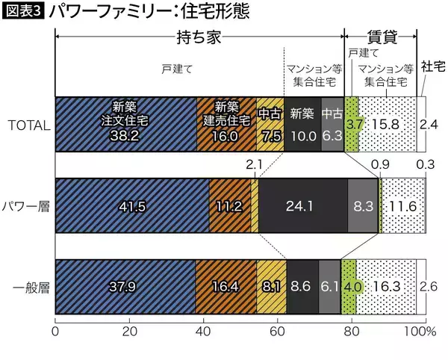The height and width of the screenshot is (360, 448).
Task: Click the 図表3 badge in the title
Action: (24, 12)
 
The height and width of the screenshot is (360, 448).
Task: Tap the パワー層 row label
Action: (27, 205)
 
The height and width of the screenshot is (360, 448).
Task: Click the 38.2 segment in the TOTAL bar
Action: (125, 125)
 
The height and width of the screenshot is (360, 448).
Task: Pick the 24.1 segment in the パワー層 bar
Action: (302, 205)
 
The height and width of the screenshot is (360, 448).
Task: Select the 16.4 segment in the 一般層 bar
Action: (225, 285)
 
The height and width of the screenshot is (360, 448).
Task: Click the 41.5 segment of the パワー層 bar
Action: (132, 205)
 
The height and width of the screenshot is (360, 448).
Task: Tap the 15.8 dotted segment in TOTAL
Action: (387, 125)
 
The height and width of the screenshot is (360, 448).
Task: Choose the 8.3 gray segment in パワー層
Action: (363, 205)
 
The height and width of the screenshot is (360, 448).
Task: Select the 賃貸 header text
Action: (380, 36)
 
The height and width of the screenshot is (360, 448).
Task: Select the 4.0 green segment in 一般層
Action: (349, 285)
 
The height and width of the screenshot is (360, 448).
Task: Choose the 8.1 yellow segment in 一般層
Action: (271, 285)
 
